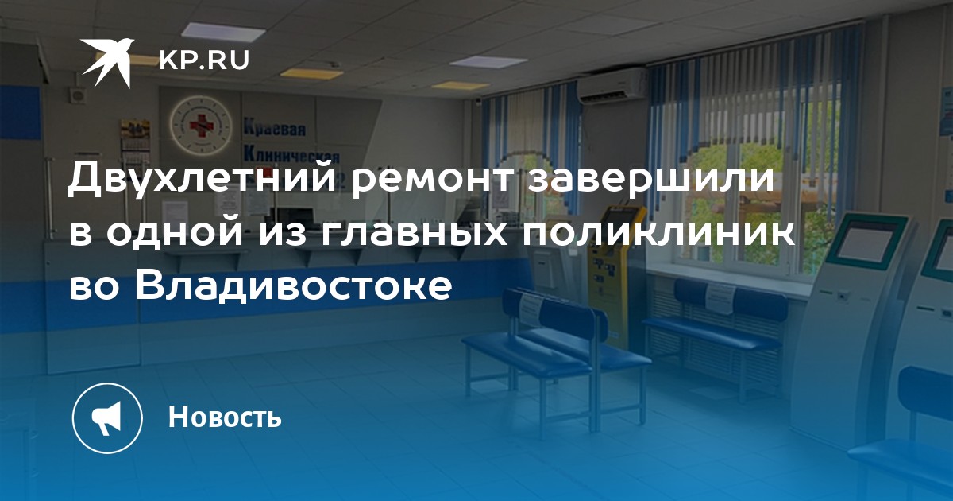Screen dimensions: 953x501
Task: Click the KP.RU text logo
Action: tap(204, 61)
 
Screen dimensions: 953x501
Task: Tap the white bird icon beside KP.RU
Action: tap(107, 62)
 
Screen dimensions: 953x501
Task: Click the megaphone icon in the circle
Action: tap(106, 418)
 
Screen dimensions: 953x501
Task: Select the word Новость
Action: tap(225, 417)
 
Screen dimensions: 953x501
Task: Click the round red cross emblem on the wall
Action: tap(201, 126)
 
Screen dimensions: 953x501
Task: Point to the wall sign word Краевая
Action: tap(275, 128)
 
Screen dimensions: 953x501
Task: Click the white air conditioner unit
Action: tap(612, 86)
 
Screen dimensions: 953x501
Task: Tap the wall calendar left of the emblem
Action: tap(135, 141)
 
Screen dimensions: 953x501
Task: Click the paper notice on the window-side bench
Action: tap(720, 297)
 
